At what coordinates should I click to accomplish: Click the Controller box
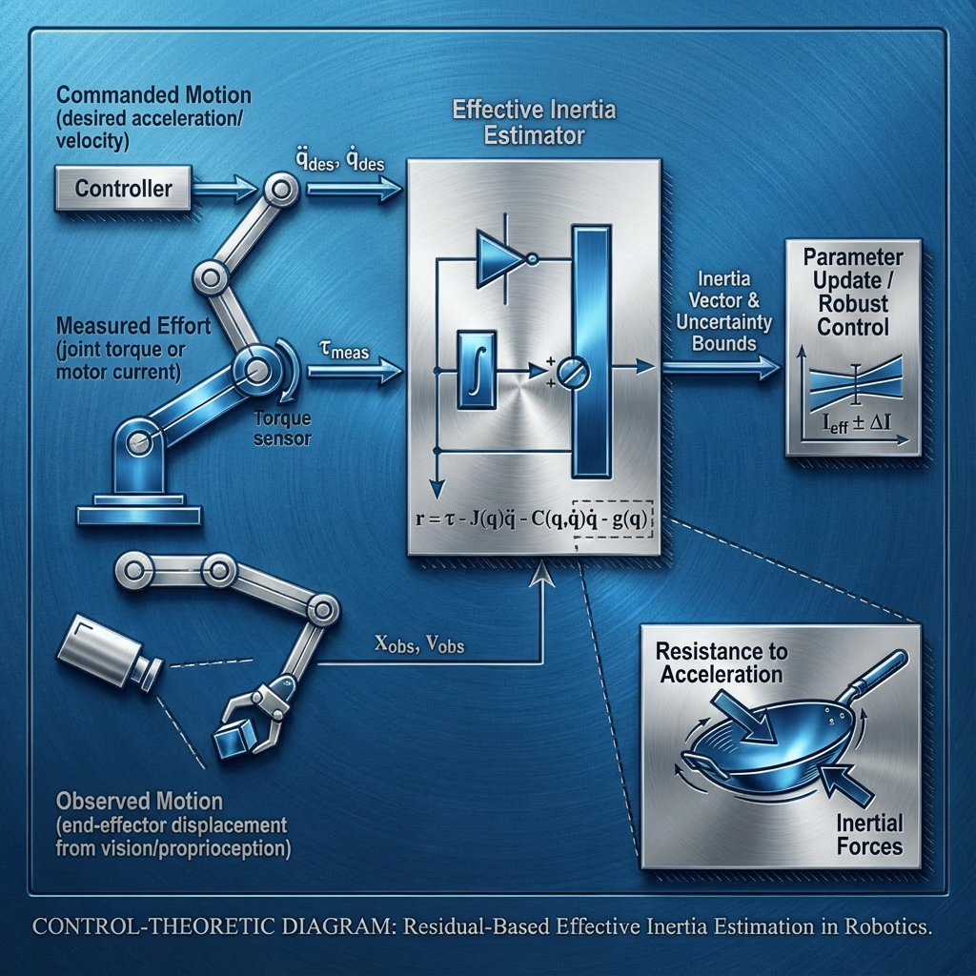(123, 188)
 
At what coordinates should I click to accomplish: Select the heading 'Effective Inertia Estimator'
(534, 123)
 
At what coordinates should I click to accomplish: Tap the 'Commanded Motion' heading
(153, 95)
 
